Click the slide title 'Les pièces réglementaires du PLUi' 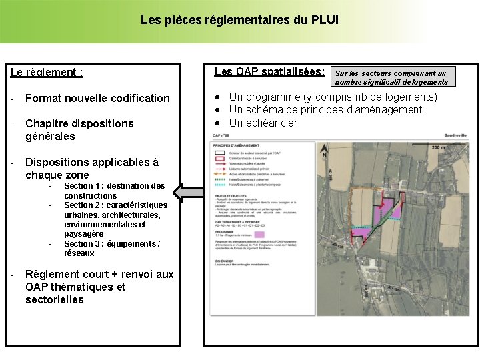pyautogui.click(x=239, y=20)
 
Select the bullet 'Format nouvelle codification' pyautogui.click(x=97, y=98)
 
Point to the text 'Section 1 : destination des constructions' pyautogui.click(x=114, y=191)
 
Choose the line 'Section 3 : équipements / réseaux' pyautogui.click(x=112, y=249)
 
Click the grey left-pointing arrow pyautogui.click(x=188, y=193)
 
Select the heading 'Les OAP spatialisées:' pyautogui.click(x=269, y=71)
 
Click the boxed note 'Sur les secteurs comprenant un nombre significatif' pyautogui.click(x=391, y=77)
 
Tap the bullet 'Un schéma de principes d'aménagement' pyautogui.click(x=325, y=110)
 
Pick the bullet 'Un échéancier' pyautogui.click(x=263, y=123)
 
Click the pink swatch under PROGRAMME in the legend pyautogui.click(x=260, y=234)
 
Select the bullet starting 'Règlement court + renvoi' pyautogui.click(x=99, y=287)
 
